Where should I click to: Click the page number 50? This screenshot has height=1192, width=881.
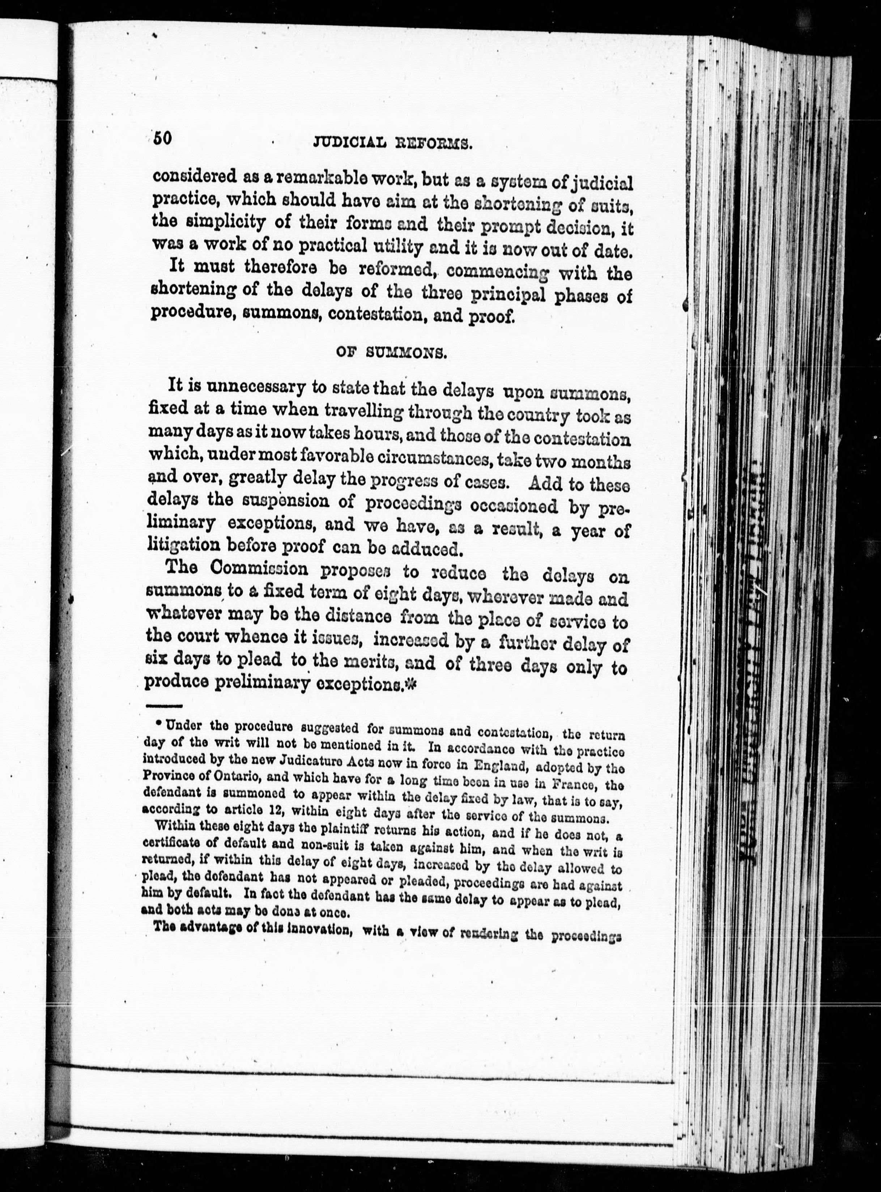click(x=161, y=139)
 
